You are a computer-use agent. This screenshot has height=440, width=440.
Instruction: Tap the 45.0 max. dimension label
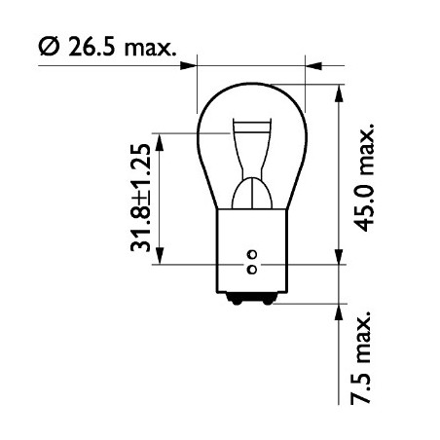[365, 175]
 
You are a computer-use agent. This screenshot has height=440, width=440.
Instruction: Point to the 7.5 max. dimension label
[364, 359]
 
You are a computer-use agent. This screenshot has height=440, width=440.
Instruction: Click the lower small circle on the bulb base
[252, 268]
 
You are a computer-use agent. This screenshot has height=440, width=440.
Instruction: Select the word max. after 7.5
[364, 340]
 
